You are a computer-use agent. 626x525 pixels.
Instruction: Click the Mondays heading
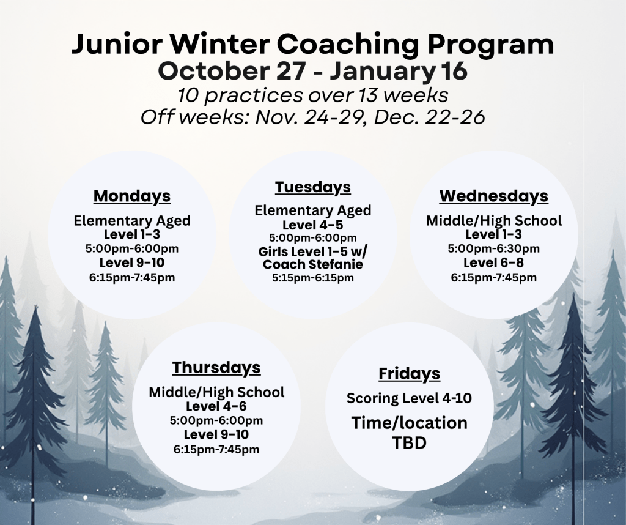pyautogui.click(x=132, y=196)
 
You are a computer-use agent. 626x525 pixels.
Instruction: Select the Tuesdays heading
pyautogui.click(x=312, y=187)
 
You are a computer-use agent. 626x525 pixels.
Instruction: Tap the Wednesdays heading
pyautogui.click(x=494, y=196)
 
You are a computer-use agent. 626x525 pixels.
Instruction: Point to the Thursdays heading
pyautogui.click(x=216, y=368)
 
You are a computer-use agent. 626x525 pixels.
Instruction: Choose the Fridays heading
pyautogui.click(x=409, y=374)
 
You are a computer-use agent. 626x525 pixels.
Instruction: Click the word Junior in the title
pyautogui.click(x=117, y=44)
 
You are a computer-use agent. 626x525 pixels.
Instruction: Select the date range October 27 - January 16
pyautogui.click(x=312, y=71)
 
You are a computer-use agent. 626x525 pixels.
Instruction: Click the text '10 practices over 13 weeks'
pyautogui.click(x=312, y=95)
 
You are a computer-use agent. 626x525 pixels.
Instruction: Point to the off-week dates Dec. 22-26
pyautogui.click(x=430, y=117)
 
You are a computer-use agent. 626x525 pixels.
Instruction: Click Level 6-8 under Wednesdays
pyautogui.click(x=493, y=263)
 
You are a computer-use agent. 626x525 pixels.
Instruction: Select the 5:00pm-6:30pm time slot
pyautogui.click(x=493, y=248)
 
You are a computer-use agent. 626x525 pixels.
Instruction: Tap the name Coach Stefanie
pyautogui.click(x=313, y=264)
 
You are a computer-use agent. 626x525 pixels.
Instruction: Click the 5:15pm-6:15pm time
pyautogui.click(x=313, y=278)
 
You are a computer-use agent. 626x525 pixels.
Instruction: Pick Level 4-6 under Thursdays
pyautogui.click(x=216, y=406)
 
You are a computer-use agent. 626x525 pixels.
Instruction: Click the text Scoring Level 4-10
pyautogui.click(x=409, y=398)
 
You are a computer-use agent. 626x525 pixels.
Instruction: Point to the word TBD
pyautogui.click(x=409, y=442)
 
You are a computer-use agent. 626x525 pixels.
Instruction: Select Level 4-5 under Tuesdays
pyautogui.click(x=313, y=225)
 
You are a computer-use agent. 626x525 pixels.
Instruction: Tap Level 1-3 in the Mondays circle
pyautogui.click(x=132, y=234)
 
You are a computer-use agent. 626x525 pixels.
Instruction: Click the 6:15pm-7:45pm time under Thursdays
pyautogui.click(x=216, y=450)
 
